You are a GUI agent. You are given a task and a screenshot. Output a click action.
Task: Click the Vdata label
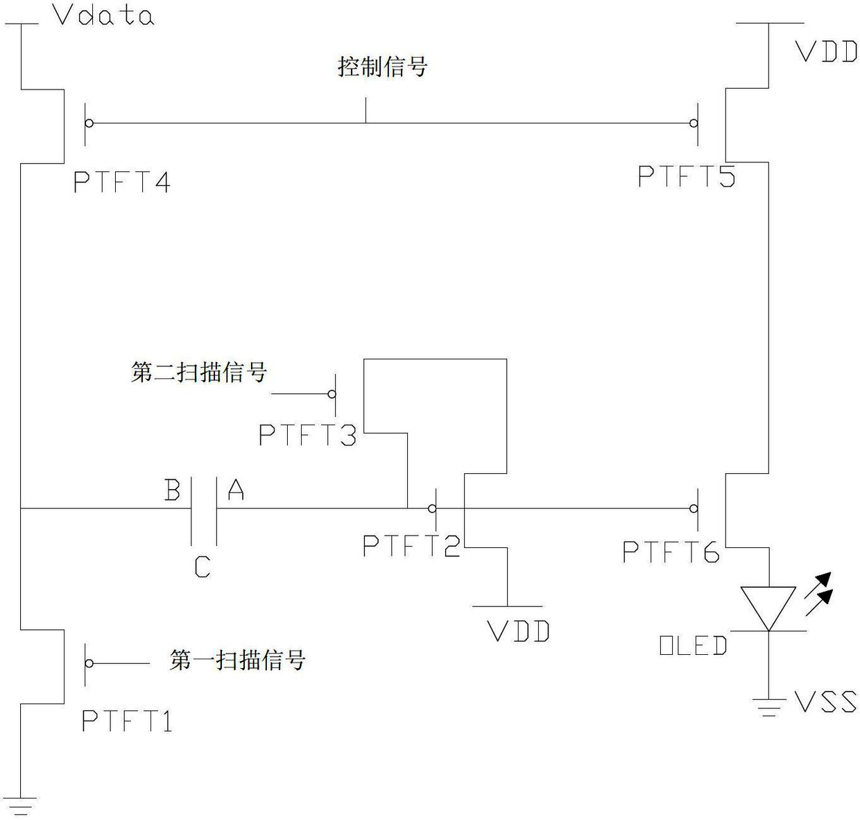click(x=103, y=16)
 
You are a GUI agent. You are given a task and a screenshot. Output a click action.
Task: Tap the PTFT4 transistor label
click(x=122, y=182)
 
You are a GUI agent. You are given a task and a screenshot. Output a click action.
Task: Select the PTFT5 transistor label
click(x=687, y=176)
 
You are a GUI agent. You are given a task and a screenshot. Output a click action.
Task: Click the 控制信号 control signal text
click(x=382, y=67)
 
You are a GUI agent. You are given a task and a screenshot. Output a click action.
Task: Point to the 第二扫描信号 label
click(x=199, y=373)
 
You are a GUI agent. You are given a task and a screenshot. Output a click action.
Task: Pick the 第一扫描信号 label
click(x=237, y=660)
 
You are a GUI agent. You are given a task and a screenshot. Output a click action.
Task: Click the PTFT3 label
click(x=308, y=435)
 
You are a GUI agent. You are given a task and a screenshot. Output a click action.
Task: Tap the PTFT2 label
click(x=412, y=546)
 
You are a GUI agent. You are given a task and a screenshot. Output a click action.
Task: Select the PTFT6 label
click(x=671, y=552)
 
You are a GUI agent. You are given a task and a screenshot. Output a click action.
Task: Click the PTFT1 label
click(x=127, y=721)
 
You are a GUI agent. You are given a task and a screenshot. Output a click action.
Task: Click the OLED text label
click(x=694, y=645)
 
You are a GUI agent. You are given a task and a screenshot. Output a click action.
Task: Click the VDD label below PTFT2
click(x=518, y=632)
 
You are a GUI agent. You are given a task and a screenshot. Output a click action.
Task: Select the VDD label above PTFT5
click(x=827, y=52)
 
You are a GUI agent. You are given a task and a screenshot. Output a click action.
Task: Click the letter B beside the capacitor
click(x=173, y=490)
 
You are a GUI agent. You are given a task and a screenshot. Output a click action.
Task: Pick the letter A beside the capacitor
click(x=236, y=490)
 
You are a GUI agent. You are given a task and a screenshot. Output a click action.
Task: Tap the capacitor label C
click(x=203, y=567)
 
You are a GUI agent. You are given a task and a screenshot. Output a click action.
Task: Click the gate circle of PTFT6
click(x=694, y=509)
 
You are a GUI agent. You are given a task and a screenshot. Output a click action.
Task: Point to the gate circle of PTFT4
click(x=89, y=123)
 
